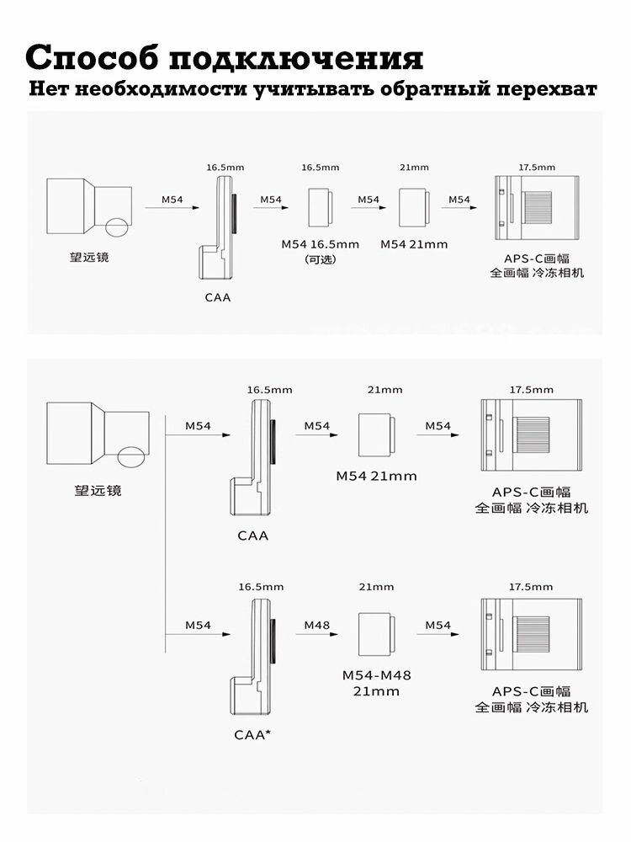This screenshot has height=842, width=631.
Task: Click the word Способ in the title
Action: (x=93, y=57)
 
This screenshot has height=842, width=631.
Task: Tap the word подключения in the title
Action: (x=296, y=58)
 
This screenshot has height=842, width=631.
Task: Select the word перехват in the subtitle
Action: (x=546, y=89)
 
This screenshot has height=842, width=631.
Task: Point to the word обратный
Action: (x=434, y=89)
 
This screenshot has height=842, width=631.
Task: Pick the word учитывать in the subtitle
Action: (x=314, y=89)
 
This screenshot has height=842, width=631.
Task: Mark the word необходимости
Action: (x=161, y=88)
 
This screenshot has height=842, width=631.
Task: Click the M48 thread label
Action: (x=316, y=625)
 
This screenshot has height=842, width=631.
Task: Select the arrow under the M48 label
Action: (x=316, y=634)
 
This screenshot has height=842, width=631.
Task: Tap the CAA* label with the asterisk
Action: (x=252, y=734)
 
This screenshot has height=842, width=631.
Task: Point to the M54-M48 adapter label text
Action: (x=376, y=683)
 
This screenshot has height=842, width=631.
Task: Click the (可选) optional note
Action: (x=320, y=259)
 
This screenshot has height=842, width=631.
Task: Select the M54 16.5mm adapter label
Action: (x=320, y=244)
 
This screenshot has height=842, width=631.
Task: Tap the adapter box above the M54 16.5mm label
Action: (x=321, y=207)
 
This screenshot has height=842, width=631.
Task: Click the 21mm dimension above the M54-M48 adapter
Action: (x=376, y=587)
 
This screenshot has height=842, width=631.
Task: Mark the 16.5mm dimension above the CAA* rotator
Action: (x=261, y=587)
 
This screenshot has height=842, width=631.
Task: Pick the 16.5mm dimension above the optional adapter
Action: (x=321, y=168)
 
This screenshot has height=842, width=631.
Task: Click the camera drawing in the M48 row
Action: (x=531, y=634)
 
